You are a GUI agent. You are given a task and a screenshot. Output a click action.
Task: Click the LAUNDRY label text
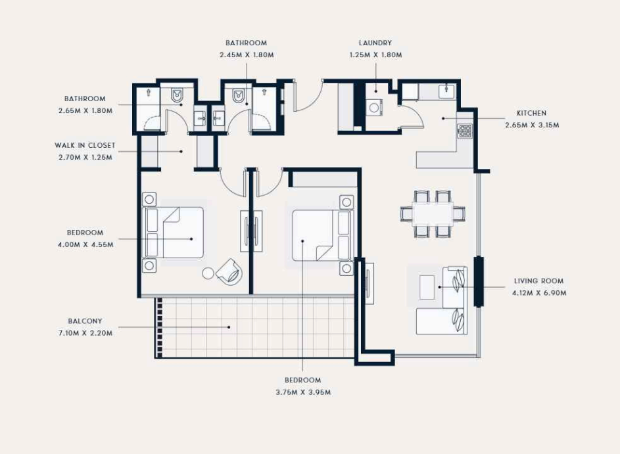pyautogui.click(x=375, y=43)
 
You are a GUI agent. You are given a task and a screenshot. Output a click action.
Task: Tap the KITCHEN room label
pyautogui.click(x=531, y=114)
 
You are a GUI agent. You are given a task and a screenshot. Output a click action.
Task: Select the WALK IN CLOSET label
pyautogui.click(x=85, y=145)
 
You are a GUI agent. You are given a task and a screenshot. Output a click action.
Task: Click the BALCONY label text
pyautogui.click(x=85, y=321)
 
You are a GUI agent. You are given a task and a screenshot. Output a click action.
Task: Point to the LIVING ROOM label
pyautogui.click(x=539, y=281)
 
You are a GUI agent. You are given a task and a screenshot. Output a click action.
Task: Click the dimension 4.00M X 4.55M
pyautogui.click(x=85, y=244)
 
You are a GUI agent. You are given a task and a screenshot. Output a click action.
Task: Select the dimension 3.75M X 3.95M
pyautogui.click(x=303, y=392)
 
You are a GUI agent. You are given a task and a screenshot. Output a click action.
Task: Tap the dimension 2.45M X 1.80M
pyautogui.click(x=247, y=55)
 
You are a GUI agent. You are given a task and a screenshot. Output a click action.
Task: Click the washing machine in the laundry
pyautogui.click(x=375, y=107)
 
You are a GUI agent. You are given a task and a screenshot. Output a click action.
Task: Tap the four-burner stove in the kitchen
pyautogui.click(x=465, y=131)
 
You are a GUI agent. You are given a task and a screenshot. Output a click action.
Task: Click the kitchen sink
pyautogui.click(x=447, y=91)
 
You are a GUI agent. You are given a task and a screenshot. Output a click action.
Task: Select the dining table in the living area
pyautogui.click(x=433, y=214)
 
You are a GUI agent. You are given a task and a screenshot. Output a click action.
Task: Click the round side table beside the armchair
pyautogui.click(x=208, y=273)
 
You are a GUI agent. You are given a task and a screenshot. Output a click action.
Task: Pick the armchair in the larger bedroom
pyautogui.click(x=229, y=271)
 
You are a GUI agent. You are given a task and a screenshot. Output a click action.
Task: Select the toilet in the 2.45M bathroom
pyautogui.click(x=238, y=95)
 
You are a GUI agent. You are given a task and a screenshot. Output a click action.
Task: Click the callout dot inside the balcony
pyautogui.click(x=229, y=327)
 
